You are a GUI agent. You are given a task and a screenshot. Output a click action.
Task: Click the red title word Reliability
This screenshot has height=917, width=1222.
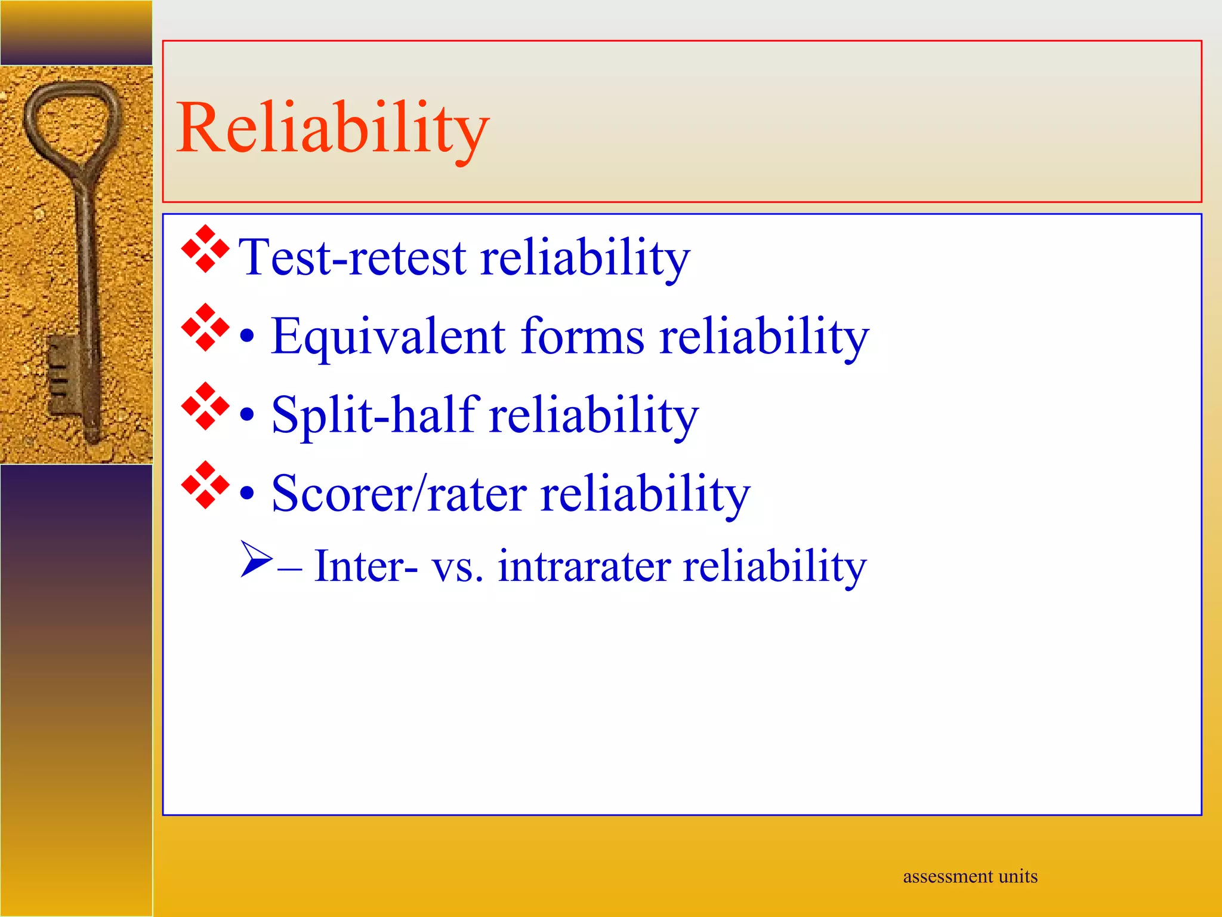tap(332, 128)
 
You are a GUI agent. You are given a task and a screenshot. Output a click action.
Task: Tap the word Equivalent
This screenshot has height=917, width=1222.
tap(388, 337)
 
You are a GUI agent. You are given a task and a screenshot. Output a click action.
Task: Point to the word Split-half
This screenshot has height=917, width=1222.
tap(375, 414)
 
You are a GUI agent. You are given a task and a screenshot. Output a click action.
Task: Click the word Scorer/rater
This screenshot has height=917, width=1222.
tap(399, 494)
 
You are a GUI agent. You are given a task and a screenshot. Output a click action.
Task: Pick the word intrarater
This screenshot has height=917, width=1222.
tap(584, 566)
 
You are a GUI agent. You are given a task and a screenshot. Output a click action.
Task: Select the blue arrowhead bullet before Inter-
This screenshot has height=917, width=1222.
tap(255, 559)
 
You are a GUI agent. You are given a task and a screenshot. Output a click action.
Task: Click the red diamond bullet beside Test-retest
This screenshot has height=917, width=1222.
tap(205, 249)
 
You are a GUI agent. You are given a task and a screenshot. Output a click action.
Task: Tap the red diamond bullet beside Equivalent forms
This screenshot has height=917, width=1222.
tap(205, 327)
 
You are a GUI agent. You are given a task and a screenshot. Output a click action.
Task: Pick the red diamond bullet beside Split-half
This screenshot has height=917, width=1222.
tap(205, 406)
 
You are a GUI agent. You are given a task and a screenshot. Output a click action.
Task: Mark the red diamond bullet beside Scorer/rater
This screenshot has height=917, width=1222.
tap(205, 485)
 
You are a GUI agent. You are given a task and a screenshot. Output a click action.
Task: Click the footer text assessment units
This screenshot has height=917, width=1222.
tap(970, 876)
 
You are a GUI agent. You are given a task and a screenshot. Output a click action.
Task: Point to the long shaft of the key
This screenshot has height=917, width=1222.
tap(87, 269)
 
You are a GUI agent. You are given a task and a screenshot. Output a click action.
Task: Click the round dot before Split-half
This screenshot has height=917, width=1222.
tap(247, 416)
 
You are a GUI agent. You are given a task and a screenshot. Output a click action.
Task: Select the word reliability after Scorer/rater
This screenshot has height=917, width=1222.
tap(644, 494)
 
